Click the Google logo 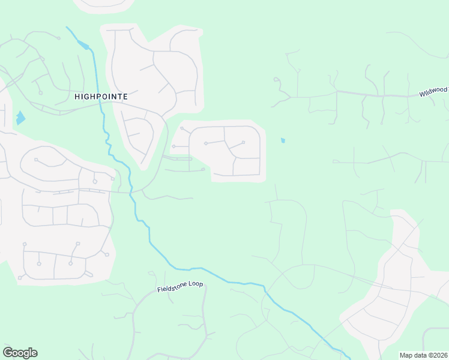20,353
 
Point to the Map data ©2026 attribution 423,355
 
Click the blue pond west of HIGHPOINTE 20,118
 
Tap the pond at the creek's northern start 85,46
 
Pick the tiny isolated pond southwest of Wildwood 283,141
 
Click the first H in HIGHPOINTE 77,96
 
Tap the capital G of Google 8,353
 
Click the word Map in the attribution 406,355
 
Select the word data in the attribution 420,355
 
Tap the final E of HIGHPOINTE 125,96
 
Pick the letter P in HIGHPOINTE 99,96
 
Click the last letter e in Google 34,353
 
